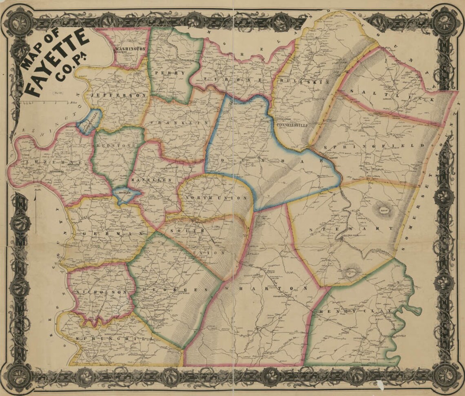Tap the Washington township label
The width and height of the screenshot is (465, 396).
click(130, 49)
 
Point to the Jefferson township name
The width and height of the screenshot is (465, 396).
click(118, 95)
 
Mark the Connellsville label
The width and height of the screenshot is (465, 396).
click(291, 125)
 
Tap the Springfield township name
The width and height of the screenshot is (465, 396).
click(374, 145)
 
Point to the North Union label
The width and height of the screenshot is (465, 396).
click(216, 198)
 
